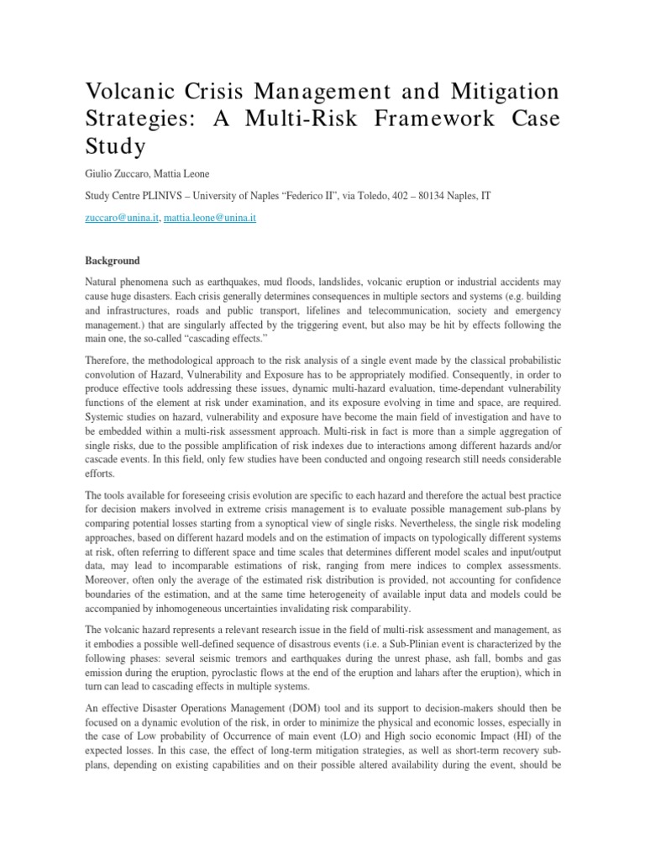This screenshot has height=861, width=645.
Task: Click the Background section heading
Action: click(113, 261)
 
